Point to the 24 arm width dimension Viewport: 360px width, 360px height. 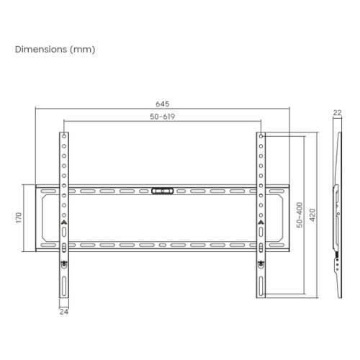64,312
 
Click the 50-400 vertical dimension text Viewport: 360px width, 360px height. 300,214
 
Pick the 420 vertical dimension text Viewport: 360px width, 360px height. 312,214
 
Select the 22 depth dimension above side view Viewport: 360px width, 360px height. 337,112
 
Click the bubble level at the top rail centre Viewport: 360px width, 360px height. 162,192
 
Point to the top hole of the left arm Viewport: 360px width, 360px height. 65,136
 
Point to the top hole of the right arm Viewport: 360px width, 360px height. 260,136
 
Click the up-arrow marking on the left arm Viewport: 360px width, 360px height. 65,222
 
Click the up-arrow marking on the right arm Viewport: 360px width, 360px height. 260,222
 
